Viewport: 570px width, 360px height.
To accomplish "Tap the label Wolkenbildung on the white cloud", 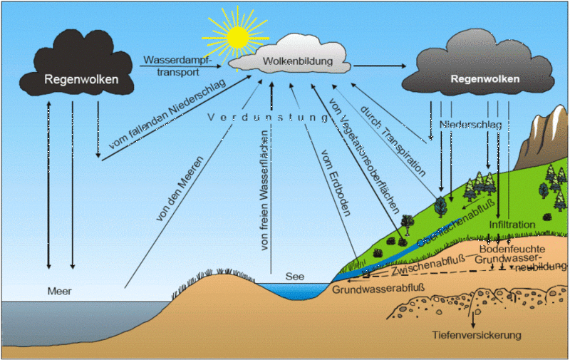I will click(298, 62).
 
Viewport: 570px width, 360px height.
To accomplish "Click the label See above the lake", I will click(295, 276).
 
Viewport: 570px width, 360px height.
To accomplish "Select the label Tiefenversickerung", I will click(477, 334).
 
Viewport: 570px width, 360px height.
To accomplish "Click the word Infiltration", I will click(512, 225).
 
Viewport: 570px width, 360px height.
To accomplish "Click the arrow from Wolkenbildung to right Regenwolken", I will click(378, 66).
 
